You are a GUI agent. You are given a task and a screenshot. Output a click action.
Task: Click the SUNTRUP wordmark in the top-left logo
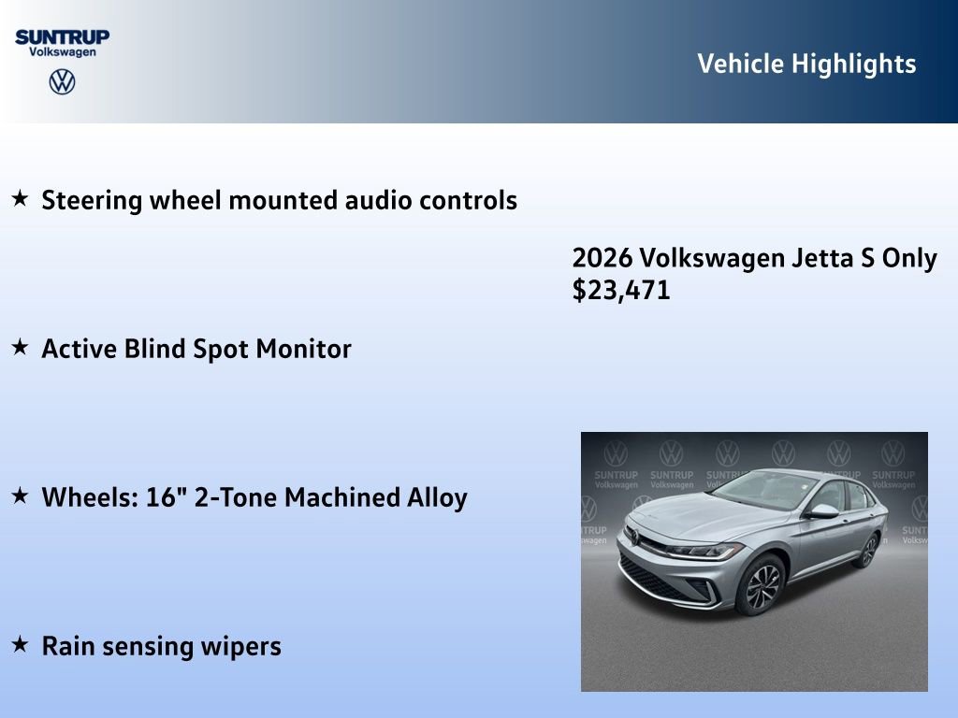(62, 36)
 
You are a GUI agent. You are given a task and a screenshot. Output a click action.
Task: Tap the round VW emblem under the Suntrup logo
(62, 82)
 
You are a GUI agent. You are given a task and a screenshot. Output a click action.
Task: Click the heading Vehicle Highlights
(806, 64)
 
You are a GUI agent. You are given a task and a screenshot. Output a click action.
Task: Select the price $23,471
(621, 290)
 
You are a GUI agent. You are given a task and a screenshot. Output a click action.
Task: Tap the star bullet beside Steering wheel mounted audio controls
(20, 198)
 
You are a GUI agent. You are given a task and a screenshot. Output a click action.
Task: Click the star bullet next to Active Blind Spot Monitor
(20, 347)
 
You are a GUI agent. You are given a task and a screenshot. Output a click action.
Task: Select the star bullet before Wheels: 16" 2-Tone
(20, 495)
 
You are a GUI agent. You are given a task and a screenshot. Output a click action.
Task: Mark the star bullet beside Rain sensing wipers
(20, 644)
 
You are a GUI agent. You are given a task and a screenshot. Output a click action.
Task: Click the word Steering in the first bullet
(93, 200)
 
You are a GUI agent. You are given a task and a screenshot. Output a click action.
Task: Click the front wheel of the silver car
(762, 585)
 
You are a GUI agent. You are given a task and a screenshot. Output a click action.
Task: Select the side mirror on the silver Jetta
(822, 511)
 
